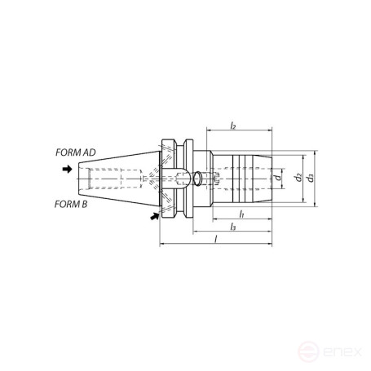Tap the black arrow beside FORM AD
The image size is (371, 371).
coord(67,170)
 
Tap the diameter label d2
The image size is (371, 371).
coord(298,177)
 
